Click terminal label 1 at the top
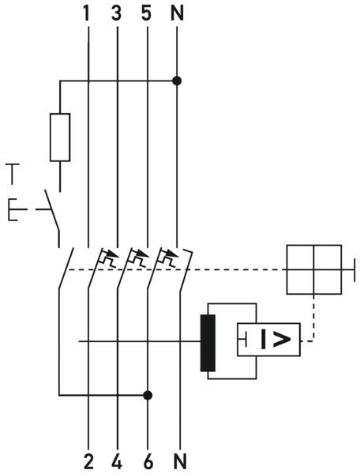pos(87,14)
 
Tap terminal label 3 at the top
pos(116,14)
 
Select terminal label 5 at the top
pos(146,14)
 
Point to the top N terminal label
pos(177,14)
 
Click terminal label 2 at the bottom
pos(88,462)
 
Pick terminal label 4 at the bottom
pos(117,462)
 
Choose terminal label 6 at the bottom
pos(148,462)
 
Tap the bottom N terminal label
pos(180,462)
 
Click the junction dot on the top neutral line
pos(177,81)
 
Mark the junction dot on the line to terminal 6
pos(148,395)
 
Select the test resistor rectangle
pos(60,137)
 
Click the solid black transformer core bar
pos(208,343)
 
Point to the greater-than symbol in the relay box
pos(282,340)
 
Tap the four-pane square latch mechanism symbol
pos(314,269)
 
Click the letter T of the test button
pos(12,174)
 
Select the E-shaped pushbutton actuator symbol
pos(13,209)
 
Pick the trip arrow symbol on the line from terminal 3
pos(108,257)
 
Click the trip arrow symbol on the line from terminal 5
pos(137,257)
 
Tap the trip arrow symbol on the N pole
pos(168,257)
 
